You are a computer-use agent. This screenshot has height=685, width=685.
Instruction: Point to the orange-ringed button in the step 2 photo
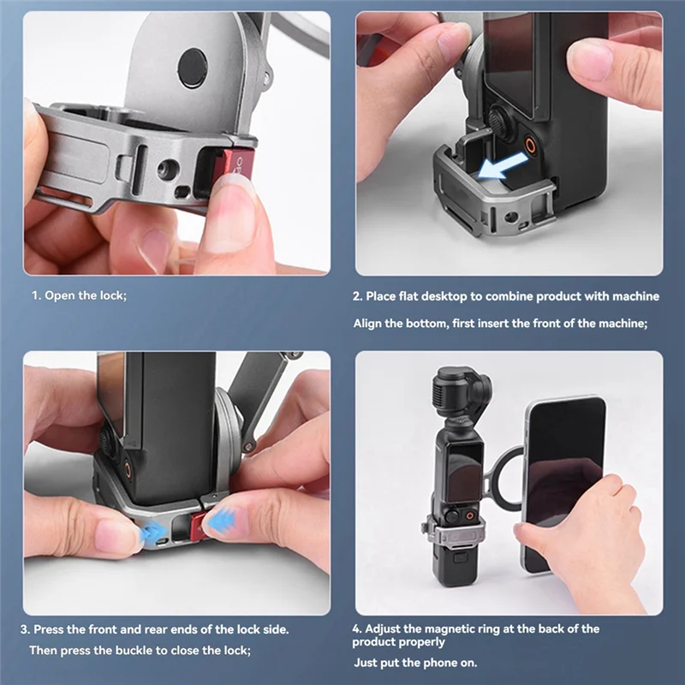coord(531,146)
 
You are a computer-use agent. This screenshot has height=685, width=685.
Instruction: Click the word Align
coord(369,323)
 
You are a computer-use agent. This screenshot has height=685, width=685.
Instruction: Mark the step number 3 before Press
coord(26,629)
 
